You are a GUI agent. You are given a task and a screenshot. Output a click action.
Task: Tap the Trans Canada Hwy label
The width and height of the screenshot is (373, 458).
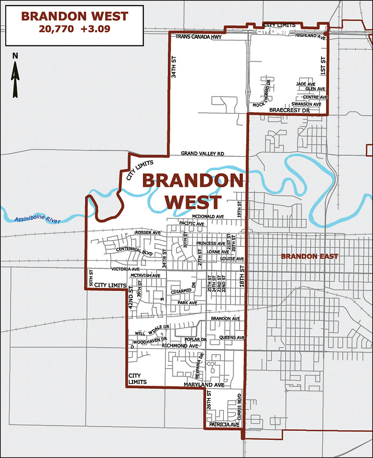tap(198, 37)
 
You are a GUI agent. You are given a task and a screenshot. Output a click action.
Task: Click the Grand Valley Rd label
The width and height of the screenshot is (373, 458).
tap(202, 153)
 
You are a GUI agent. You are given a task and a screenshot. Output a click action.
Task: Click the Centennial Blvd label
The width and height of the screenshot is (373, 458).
tap(135, 251)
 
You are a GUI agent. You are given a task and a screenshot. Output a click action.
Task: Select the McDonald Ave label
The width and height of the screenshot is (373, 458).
tap(208, 216)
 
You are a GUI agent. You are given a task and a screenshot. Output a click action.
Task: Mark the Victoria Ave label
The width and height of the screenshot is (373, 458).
tap(125, 269)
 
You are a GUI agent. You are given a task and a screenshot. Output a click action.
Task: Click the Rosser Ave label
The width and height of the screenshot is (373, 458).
tap(147, 232)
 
